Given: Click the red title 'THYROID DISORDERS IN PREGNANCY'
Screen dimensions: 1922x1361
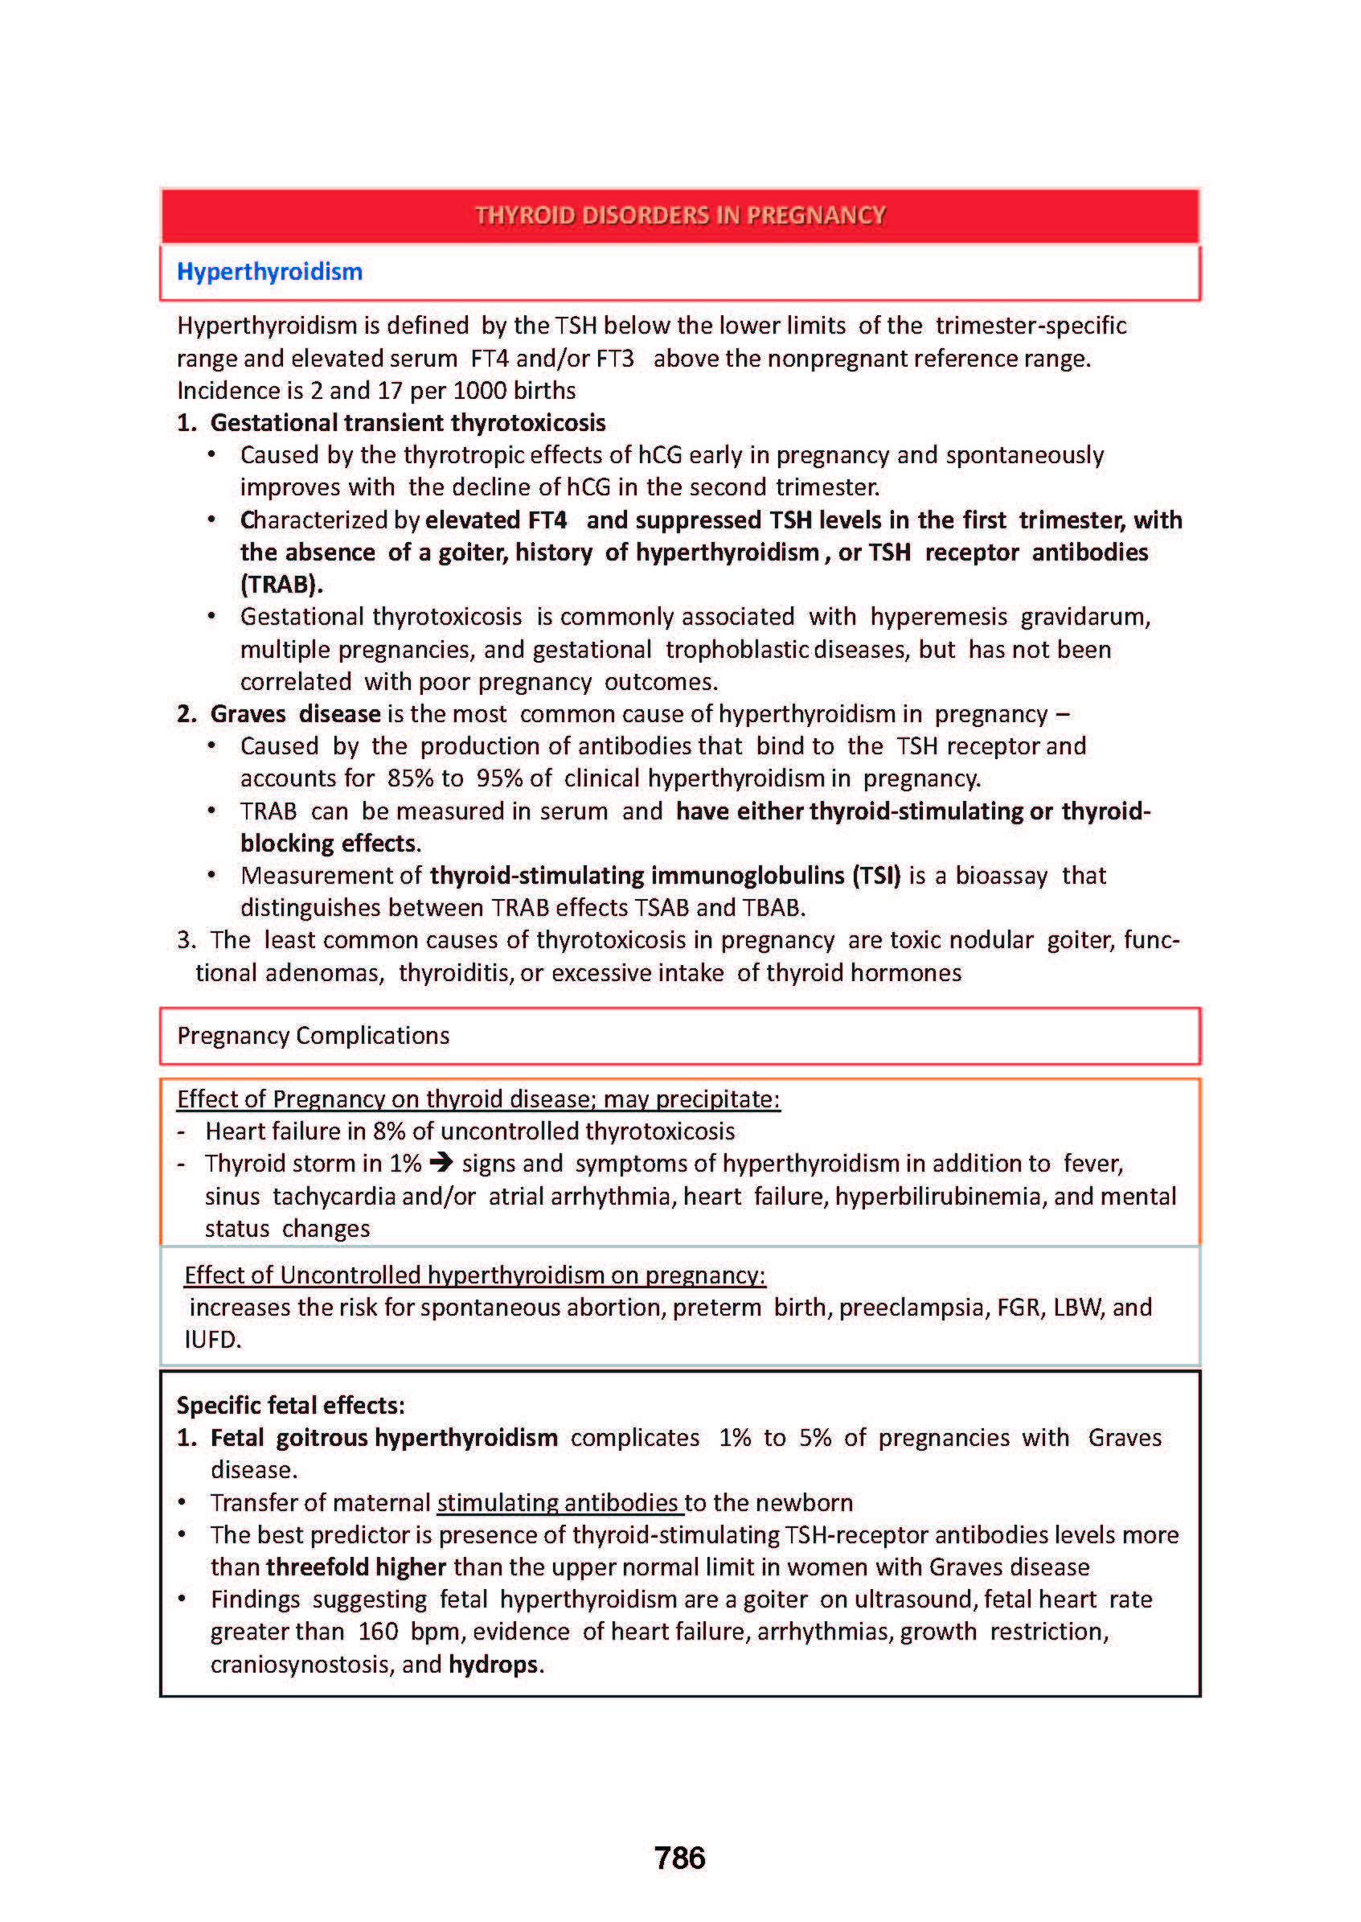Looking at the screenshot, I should click(x=679, y=216).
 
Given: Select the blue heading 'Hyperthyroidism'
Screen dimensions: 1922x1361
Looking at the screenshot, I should click(x=269, y=272).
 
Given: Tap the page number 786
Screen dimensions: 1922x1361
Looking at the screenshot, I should click(x=679, y=1858).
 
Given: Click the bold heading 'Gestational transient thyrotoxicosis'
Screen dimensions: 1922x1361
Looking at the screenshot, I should click(x=408, y=422).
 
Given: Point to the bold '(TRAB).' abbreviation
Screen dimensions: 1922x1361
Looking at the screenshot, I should click(x=281, y=584).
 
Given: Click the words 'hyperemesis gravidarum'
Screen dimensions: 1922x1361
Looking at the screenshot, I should click(x=1009, y=617).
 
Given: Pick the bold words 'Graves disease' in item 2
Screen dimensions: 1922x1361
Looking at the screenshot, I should click(x=295, y=714).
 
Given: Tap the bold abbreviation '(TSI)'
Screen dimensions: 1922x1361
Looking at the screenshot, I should click(x=876, y=876).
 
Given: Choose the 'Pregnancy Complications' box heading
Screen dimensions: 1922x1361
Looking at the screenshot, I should click(x=313, y=1036).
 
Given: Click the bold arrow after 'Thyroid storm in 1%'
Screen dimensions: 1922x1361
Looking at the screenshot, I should click(x=441, y=1164).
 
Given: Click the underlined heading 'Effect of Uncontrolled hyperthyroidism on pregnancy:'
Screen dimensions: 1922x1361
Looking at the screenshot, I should click(x=474, y=1275).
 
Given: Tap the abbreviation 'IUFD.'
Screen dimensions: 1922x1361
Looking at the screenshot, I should click(x=212, y=1340).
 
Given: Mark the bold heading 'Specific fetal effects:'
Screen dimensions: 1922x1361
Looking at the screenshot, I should click(x=290, y=1406).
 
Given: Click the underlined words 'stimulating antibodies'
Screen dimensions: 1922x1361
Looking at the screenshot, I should click(x=559, y=1503).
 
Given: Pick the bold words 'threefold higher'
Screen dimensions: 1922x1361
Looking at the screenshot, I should click(x=356, y=1567).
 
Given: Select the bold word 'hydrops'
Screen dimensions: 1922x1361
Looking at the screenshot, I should click(x=493, y=1664).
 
